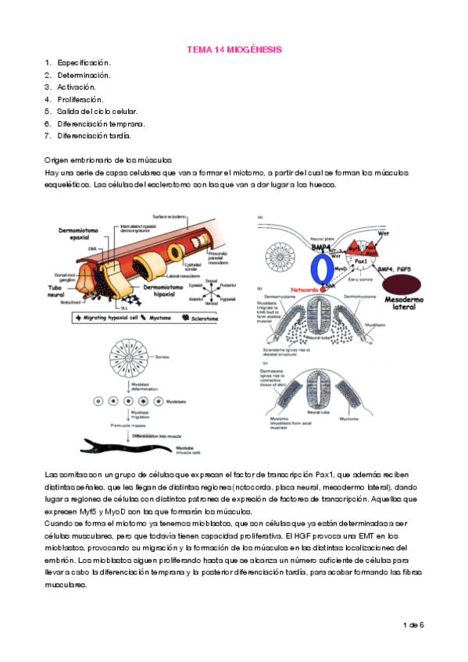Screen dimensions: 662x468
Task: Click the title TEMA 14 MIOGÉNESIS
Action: [x=234, y=49]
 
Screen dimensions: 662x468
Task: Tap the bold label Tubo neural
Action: [x=62, y=288]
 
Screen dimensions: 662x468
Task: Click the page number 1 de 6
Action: [x=412, y=625]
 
